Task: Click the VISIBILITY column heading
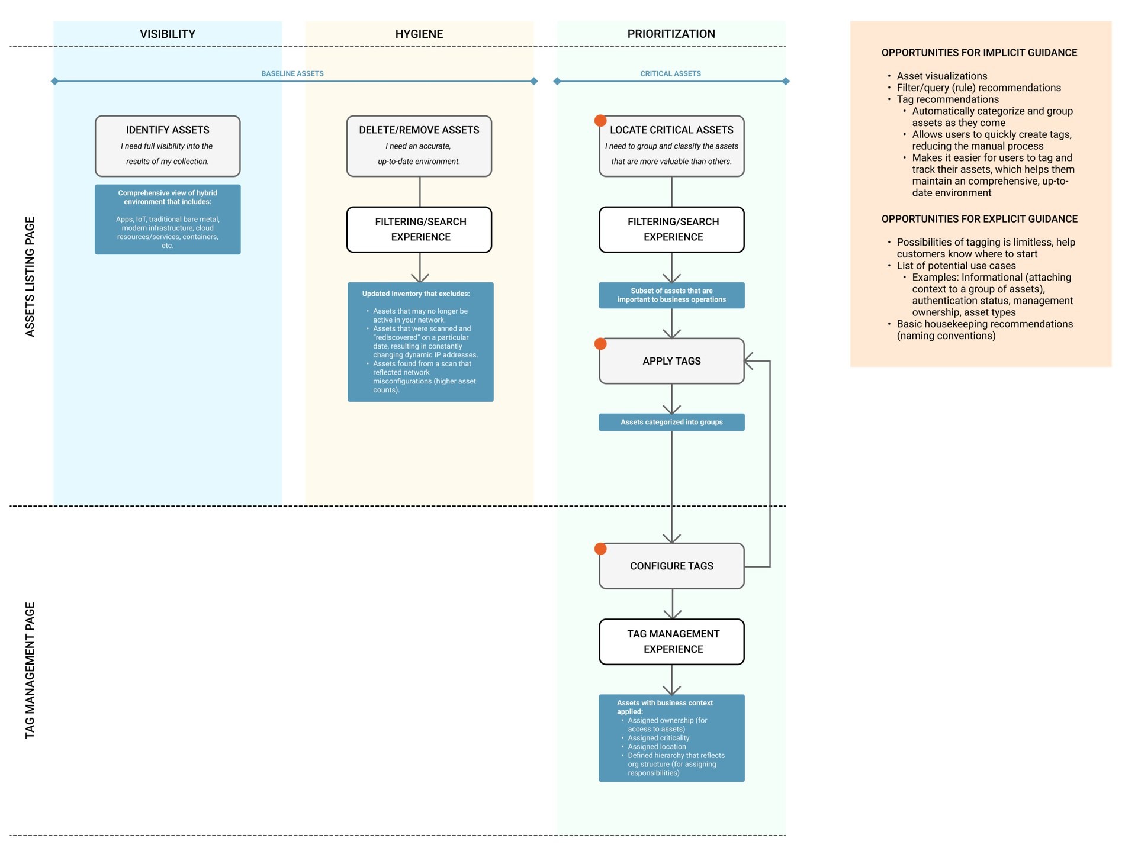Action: pyautogui.click(x=168, y=34)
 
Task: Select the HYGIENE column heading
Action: pyautogui.click(x=419, y=34)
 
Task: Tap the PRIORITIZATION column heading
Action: pyautogui.click(x=671, y=34)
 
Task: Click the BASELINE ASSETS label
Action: pyautogui.click(x=292, y=73)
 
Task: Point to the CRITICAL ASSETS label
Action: pyautogui.click(x=671, y=73)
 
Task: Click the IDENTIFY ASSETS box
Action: pyautogui.click(x=168, y=146)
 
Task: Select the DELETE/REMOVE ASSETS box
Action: pyautogui.click(x=419, y=146)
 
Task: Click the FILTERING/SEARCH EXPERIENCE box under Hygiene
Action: pyautogui.click(x=419, y=230)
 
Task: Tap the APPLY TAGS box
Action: pyautogui.click(x=671, y=361)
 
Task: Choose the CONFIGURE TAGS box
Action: pyautogui.click(x=671, y=566)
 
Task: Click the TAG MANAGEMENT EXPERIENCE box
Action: pyautogui.click(x=671, y=642)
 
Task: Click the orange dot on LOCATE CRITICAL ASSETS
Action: pyautogui.click(x=600, y=121)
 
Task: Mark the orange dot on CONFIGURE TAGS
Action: pyautogui.click(x=600, y=549)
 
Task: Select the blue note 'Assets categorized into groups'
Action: pyautogui.click(x=671, y=422)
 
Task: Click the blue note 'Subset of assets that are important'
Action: pyautogui.click(x=671, y=295)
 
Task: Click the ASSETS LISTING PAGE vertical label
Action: pyautogui.click(x=30, y=277)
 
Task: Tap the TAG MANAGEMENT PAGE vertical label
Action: pyautogui.click(x=30, y=671)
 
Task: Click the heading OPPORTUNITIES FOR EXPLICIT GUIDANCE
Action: pyautogui.click(x=979, y=219)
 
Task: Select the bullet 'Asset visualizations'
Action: pyautogui.click(x=942, y=76)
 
